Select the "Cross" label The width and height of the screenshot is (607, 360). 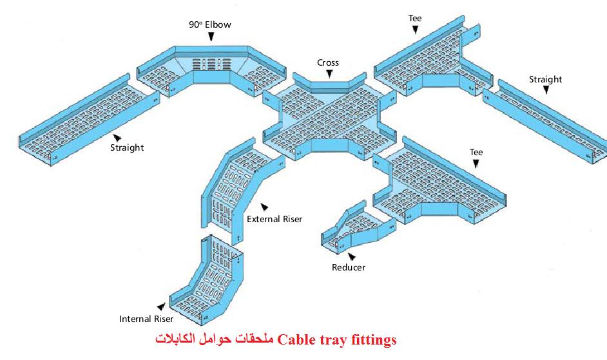(328, 62)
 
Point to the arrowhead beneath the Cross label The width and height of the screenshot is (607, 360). (329, 75)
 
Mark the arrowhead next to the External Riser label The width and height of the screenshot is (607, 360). (264, 206)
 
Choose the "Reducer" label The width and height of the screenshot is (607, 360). (349, 267)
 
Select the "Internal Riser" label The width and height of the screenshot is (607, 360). (146, 319)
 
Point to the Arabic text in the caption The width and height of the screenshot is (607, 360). (215, 339)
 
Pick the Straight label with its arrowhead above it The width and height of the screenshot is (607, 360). (545, 79)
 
